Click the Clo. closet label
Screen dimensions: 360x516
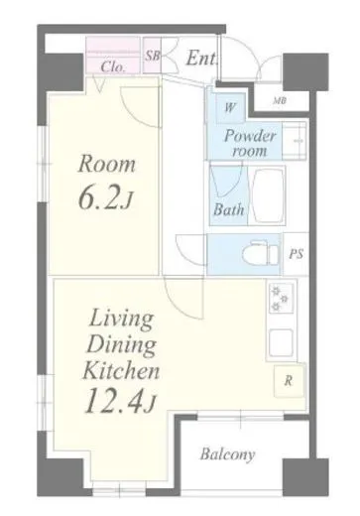click(113, 67)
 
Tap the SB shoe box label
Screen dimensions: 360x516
click(153, 56)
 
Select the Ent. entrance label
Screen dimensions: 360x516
click(202, 59)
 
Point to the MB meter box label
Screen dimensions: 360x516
click(280, 101)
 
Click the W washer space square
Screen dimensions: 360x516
click(230, 107)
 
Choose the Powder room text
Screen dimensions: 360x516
click(250, 144)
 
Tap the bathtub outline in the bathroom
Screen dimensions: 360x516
click(268, 195)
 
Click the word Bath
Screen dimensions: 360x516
click(229, 209)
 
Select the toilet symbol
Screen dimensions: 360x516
click(260, 255)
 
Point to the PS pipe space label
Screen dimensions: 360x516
click(297, 254)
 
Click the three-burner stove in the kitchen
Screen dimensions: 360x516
click(280, 299)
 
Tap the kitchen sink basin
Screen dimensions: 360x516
click(281, 342)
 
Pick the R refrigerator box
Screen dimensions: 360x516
click(289, 380)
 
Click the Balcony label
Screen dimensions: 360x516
click(228, 454)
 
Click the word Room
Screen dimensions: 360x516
click(107, 165)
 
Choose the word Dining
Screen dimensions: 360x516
click(121, 346)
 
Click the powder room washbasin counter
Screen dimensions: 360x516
click(295, 140)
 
